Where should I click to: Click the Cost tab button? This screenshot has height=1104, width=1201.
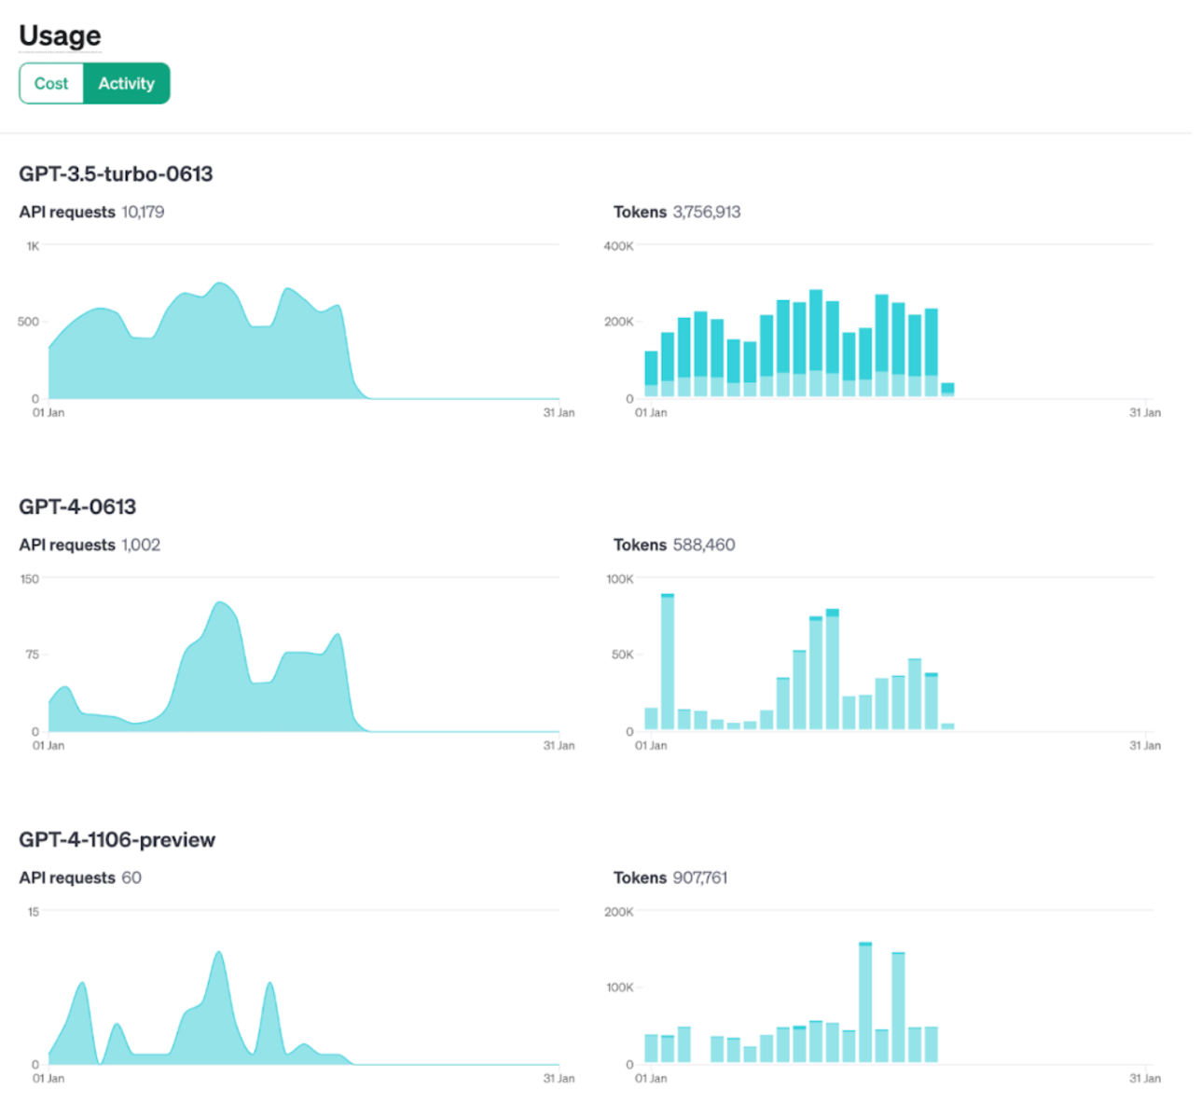click(51, 84)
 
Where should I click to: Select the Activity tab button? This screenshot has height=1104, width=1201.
click(127, 84)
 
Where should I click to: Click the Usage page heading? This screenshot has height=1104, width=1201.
click(60, 35)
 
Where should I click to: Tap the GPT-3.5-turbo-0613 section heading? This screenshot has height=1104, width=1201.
click(116, 174)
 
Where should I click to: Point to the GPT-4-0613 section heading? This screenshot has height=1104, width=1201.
click(77, 507)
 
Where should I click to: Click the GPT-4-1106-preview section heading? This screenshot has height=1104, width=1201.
click(117, 840)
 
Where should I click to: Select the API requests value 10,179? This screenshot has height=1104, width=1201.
click(143, 213)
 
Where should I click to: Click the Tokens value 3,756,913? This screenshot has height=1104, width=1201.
click(707, 213)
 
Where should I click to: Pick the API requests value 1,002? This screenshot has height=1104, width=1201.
click(141, 545)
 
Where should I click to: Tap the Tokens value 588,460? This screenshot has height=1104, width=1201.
click(704, 545)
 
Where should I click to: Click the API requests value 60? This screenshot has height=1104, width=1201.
click(131, 878)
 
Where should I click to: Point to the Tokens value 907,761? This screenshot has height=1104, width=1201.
click(700, 878)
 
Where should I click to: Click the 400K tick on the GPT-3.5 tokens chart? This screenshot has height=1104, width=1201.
click(618, 246)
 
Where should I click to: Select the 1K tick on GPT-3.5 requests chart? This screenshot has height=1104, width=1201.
click(33, 246)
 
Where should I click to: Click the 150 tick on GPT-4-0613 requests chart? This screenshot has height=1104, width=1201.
click(30, 579)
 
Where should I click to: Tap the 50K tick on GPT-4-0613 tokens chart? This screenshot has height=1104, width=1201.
click(622, 655)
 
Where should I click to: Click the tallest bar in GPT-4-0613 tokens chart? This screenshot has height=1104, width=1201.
click(668, 662)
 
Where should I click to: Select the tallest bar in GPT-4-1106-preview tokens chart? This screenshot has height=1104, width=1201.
click(865, 1003)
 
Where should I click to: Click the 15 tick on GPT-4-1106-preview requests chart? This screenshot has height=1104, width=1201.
click(33, 912)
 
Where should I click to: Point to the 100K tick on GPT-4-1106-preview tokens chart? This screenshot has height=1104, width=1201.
click(619, 987)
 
